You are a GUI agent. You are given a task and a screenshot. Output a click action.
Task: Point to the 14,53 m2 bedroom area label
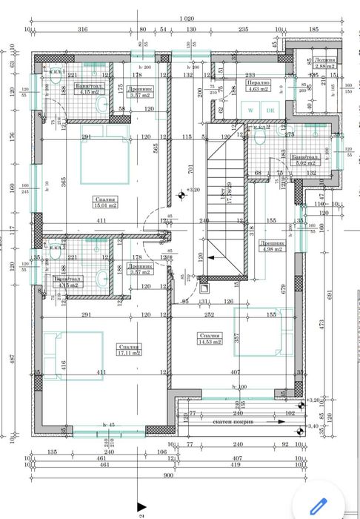click(209, 339)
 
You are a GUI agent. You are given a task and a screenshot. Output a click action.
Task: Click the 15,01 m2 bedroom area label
click(103, 202)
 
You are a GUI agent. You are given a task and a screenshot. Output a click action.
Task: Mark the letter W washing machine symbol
click(251, 110)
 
